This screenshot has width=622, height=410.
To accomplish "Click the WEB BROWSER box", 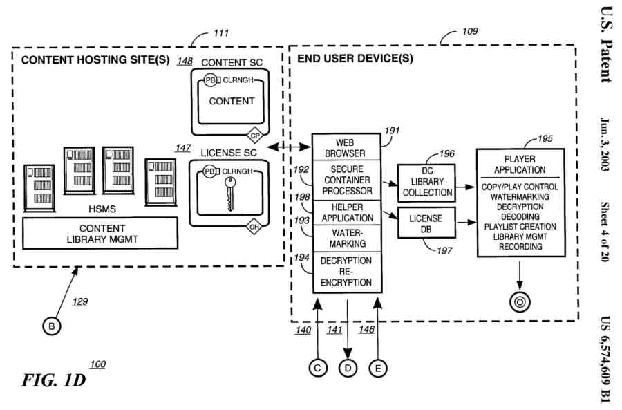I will click(x=350, y=147).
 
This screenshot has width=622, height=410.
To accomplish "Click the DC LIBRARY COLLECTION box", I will click(x=427, y=183).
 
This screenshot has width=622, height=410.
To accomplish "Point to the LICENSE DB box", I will click(x=426, y=223).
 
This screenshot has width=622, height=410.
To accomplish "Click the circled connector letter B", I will click(x=51, y=326).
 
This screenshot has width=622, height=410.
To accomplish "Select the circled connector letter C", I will click(x=317, y=369).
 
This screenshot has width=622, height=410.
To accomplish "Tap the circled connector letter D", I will click(x=348, y=369).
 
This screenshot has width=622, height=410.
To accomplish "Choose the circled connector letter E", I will click(x=377, y=369).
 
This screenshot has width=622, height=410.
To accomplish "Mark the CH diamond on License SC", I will click(x=255, y=225).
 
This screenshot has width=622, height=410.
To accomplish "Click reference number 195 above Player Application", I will click(x=545, y=139).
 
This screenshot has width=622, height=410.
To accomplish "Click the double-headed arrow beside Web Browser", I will click(x=291, y=147).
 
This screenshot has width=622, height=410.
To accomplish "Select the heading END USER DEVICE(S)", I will click(x=355, y=59).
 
